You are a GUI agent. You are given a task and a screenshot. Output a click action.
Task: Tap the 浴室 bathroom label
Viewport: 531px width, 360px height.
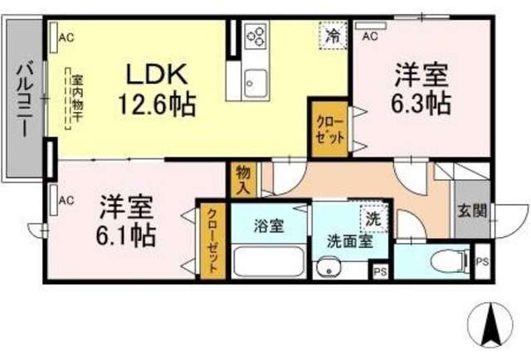click(269, 225)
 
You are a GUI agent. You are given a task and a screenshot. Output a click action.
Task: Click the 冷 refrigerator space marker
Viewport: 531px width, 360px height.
click(332, 36)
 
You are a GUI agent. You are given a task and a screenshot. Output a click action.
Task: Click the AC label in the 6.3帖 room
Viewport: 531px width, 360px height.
click(371, 36)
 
